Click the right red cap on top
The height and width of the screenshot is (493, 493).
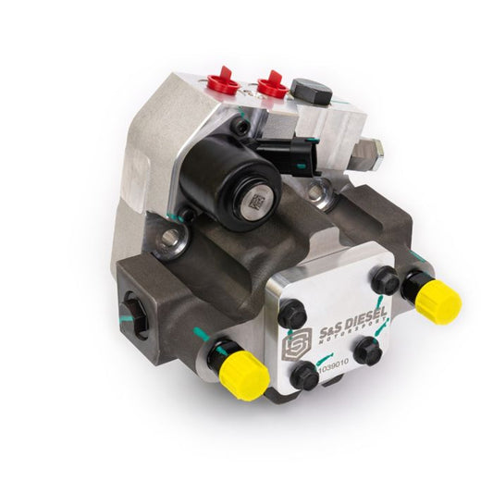[271, 85]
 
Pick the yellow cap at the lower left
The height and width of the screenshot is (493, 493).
[242, 372]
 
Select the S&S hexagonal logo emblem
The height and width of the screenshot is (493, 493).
[295, 345]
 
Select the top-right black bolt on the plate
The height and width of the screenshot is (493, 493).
[385, 278]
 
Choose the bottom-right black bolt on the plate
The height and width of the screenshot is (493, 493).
[367, 350]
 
